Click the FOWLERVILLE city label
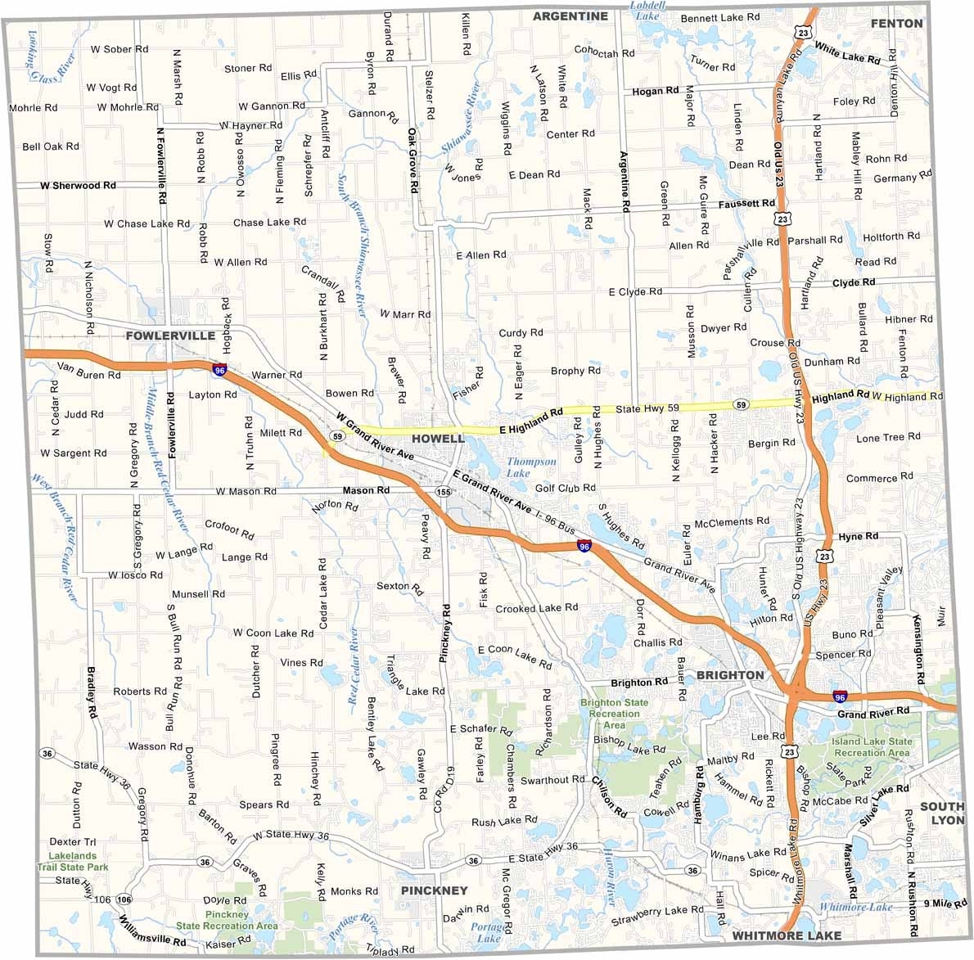[170, 336]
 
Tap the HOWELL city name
[438, 439]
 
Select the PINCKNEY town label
[434, 890]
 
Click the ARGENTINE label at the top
[570, 16]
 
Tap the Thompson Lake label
[531, 467]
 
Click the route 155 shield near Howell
[444, 492]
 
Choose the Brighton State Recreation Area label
[614, 714]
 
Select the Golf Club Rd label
[566, 489]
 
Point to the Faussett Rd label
[746, 203]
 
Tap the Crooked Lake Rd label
[536, 608]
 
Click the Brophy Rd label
[575, 371]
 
